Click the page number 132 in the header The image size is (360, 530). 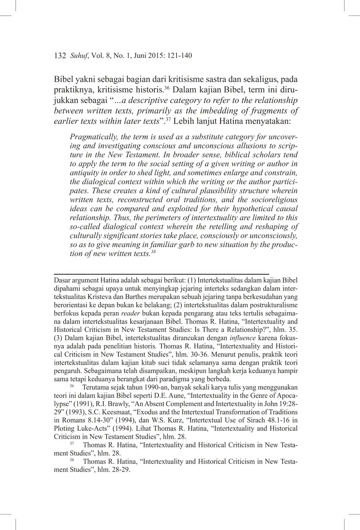pyautogui.click(x=60, y=56)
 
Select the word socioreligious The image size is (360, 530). pyautogui.click(x=274, y=200)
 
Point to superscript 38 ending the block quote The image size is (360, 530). pyautogui.click(x=153, y=252)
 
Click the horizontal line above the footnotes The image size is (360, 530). pyautogui.click(x=161, y=274)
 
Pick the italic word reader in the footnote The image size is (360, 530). pyautogui.click(x=130, y=313)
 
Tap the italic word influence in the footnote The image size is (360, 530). pyautogui.click(x=243, y=338)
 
